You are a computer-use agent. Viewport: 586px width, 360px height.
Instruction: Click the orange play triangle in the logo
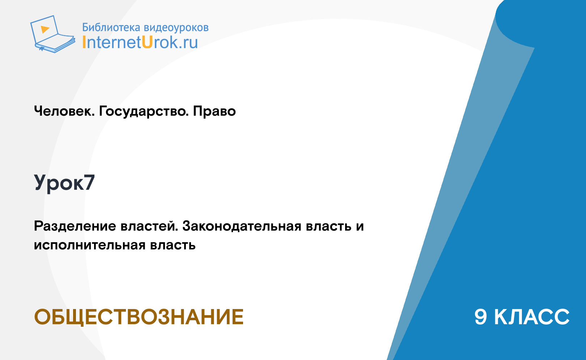[x=45, y=29]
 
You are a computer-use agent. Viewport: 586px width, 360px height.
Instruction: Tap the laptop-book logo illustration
[x=52, y=34]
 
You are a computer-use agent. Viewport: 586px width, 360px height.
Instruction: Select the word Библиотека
[x=111, y=27]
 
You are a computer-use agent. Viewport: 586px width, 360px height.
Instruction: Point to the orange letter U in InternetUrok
[x=147, y=42]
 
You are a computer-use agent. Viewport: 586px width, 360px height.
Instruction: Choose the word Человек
[x=64, y=111]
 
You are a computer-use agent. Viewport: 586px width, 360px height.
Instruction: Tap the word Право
[x=214, y=111]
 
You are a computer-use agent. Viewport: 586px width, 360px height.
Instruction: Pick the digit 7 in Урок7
[x=89, y=183]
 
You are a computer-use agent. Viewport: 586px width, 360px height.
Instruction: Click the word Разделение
[x=75, y=226]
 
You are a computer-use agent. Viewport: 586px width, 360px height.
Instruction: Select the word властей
[x=149, y=226]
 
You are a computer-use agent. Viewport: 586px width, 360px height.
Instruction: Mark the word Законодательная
[x=242, y=226]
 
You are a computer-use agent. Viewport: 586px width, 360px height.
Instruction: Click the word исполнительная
[x=90, y=245]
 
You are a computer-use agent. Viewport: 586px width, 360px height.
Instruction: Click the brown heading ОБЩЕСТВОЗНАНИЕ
[x=139, y=317]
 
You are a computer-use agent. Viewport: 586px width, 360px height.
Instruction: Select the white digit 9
[x=481, y=317]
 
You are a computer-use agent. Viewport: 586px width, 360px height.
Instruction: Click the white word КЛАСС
[x=532, y=317]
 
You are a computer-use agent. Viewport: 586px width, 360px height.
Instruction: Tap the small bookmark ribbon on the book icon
[x=42, y=49]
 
